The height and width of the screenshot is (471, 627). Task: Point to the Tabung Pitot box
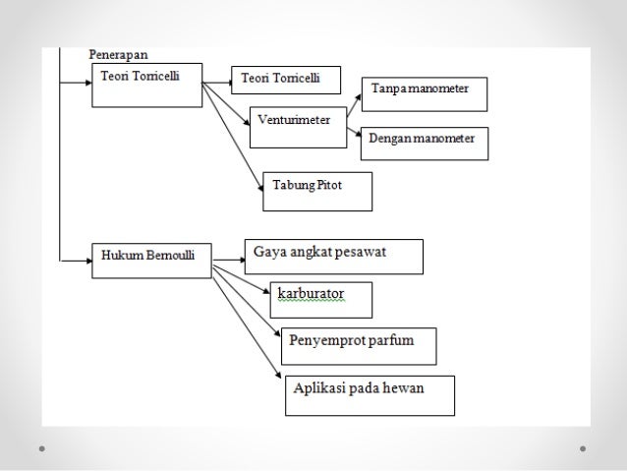click(x=317, y=191)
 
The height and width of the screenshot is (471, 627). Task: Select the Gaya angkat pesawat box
click(x=333, y=257)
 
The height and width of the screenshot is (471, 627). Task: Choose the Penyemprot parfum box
click(x=358, y=345)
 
